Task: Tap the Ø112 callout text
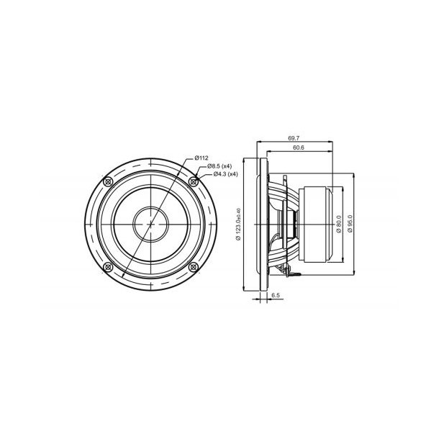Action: click(202, 158)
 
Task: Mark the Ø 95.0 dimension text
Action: click(350, 219)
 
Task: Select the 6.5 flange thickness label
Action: click(276, 295)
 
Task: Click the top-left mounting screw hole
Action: click(108, 181)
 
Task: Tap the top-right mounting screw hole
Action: click(194, 181)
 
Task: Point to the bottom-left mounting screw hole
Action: click(108, 266)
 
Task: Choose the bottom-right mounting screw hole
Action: click(194, 266)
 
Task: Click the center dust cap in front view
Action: click(150, 224)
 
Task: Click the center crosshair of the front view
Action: click(150, 224)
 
